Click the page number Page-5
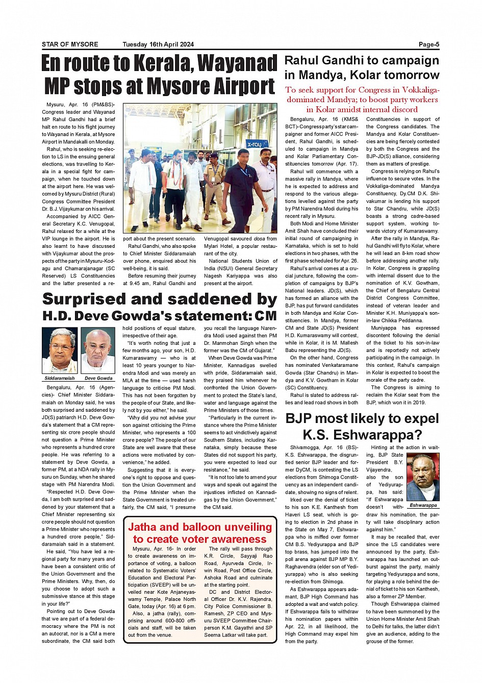[428, 44]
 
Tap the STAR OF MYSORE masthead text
[70, 44]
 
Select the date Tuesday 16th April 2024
[158, 44]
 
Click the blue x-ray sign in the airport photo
[254, 145]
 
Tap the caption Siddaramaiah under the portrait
[60, 378]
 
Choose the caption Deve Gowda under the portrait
[98, 378]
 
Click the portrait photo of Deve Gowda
[98, 351]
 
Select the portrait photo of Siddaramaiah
[60, 351]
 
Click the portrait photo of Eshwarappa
[423, 477]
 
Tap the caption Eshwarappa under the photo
[423, 505]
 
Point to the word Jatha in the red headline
[144, 527]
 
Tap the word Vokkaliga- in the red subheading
[415, 90]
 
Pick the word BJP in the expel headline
[302, 419]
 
